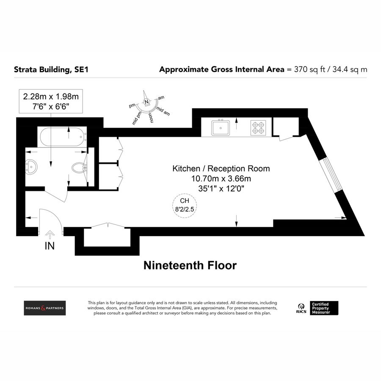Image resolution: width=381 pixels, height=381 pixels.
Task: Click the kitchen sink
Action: [220, 127]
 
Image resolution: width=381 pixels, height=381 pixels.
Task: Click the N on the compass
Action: [146, 102]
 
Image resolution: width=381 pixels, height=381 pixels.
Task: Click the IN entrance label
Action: [50, 246]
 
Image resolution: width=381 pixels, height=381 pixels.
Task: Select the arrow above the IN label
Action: [50, 234]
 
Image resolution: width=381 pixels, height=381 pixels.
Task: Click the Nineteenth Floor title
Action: [190, 265]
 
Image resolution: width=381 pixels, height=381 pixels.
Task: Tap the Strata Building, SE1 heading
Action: [51, 69]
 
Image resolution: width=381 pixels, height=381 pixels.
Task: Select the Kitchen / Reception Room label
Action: [221, 168]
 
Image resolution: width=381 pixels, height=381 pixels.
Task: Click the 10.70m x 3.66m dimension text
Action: [221, 179]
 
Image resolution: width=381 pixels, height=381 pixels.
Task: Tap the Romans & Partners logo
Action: [44, 308]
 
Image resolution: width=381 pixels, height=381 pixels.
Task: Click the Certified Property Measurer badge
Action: [325, 308]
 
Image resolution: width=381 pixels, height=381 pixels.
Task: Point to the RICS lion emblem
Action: [301, 306]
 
